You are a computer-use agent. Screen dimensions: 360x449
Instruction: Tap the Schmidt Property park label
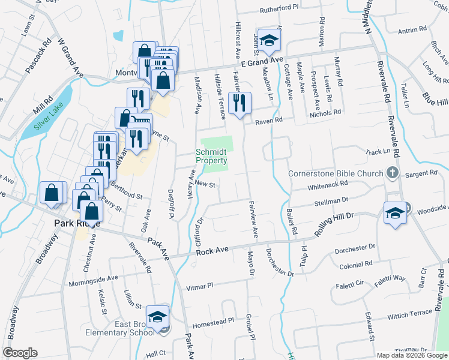coord(211,156)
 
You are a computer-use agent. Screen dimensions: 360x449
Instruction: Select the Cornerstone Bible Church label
coord(336,174)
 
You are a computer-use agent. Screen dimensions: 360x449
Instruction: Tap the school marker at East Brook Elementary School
coord(157,317)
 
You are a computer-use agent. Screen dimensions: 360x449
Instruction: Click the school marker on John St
coord(270,40)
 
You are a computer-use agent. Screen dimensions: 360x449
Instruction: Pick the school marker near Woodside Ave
coord(395,213)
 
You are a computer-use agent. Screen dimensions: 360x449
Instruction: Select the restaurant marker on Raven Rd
coord(240,103)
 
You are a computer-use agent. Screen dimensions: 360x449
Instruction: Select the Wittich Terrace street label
coord(410,313)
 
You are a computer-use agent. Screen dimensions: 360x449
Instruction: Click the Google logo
coord(19,353)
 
